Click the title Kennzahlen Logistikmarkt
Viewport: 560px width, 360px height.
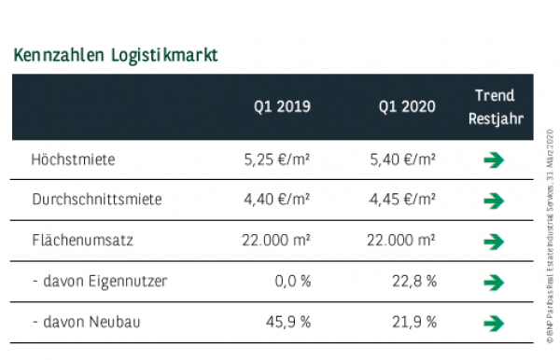click(x=117, y=54)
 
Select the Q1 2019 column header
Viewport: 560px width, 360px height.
click(x=281, y=107)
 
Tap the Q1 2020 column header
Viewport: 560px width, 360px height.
click(x=406, y=107)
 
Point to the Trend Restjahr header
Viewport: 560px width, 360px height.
click(x=495, y=107)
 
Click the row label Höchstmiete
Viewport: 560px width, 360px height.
click(x=73, y=159)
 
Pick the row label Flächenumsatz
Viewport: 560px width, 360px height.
click(x=82, y=241)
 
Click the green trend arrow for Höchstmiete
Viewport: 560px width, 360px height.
click(x=495, y=160)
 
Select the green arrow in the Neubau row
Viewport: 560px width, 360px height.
click(x=495, y=324)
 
